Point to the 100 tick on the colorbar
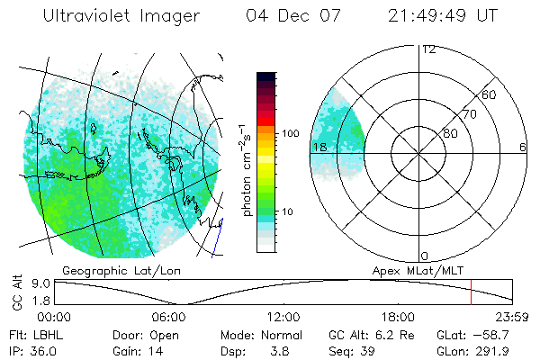pyautogui.click(x=291, y=133)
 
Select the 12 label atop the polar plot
pyautogui.click(x=428, y=49)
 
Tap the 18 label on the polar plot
pyautogui.click(x=318, y=147)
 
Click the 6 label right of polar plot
pyautogui.click(x=522, y=147)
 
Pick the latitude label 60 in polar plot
pyautogui.click(x=489, y=94)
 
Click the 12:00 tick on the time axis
pyautogui.click(x=283, y=317)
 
